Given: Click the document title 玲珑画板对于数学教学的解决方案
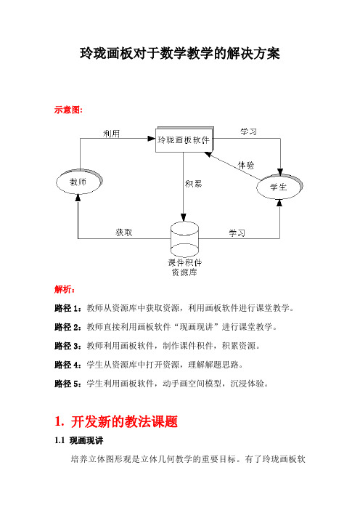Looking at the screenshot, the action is click(x=180, y=53).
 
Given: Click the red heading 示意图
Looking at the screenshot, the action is click(x=67, y=110).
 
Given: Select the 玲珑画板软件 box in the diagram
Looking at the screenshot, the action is click(x=184, y=140).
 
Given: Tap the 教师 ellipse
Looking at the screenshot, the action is click(x=79, y=182).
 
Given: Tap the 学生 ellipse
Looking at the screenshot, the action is click(x=279, y=187).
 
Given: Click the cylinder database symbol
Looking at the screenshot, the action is click(x=184, y=240).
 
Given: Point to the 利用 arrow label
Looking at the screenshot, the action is click(x=112, y=134).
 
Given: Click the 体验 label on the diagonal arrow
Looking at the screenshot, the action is click(x=246, y=165).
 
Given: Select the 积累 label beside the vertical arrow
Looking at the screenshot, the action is click(x=194, y=184).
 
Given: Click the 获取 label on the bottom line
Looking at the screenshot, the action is click(x=124, y=232).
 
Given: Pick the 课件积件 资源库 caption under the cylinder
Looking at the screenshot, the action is click(x=184, y=267).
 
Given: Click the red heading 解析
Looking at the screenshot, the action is click(x=64, y=289).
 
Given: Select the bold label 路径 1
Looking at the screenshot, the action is click(x=66, y=308).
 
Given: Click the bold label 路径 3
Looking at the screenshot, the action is click(x=66, y=346).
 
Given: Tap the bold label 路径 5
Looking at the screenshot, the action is click(x=66, y=384).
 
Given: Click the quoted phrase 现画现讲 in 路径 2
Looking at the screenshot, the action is click(x=196, y=327).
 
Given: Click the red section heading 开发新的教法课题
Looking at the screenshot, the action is click(x=124, y=422).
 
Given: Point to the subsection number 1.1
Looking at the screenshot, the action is click(x=60, y=441).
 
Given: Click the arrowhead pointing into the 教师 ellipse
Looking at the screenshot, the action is click(x=78, y=198).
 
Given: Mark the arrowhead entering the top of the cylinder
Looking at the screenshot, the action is click(x=184, y=218).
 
